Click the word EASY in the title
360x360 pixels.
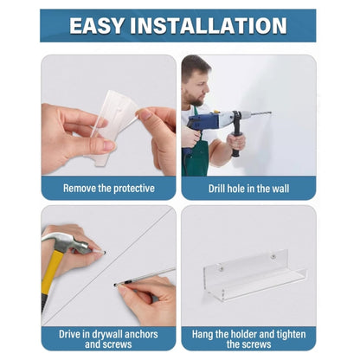pyautogui.click(x=97, y=26)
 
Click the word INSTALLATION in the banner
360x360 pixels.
pyautogui.click(x=209, y=26)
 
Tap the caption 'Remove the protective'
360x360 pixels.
pyautogui.click(x=109, y=189)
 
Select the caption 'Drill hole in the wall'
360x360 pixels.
pyautogui.click(x=248, y=189)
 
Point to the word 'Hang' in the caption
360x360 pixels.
pyautogui.click(x=202, y=334)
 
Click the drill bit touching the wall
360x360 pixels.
pyautogui.click(x=261, y=113)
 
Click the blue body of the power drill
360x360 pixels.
pyautogui.click(x=202, y=123)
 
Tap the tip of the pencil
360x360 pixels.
pyautogui.click(x=115, y=285)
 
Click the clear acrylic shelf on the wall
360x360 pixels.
pyautogui.click(x=254, y=275)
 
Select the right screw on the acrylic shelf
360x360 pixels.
pyautogui.click(x=273, y=256)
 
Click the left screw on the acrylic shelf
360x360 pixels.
pyautogui.click(x=222, y=269)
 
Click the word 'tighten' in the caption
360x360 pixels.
pyautogui.click(x=291, y=334)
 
